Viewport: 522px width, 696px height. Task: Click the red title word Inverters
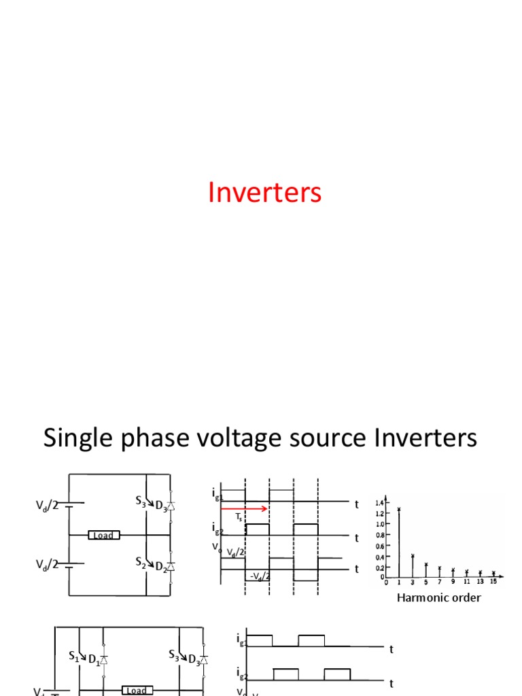(264, 193)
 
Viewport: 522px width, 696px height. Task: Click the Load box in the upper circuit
(103, 536)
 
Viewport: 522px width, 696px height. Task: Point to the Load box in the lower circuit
(136, 691)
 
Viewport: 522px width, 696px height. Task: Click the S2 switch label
(141, 561)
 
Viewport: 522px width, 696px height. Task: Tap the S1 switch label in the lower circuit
(74, 656)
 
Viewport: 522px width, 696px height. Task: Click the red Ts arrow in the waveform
(245, 508)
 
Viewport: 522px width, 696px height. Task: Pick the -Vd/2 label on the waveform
(259, 576)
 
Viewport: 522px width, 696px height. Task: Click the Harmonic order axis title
(438, 598)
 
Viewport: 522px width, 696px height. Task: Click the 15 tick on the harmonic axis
(493, 582)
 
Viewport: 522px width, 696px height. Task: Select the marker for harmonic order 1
(399, 509)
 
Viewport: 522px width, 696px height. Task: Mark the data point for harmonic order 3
(413, 556)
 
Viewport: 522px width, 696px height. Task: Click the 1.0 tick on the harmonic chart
(380, 524)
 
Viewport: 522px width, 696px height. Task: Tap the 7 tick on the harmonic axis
(439, 582)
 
